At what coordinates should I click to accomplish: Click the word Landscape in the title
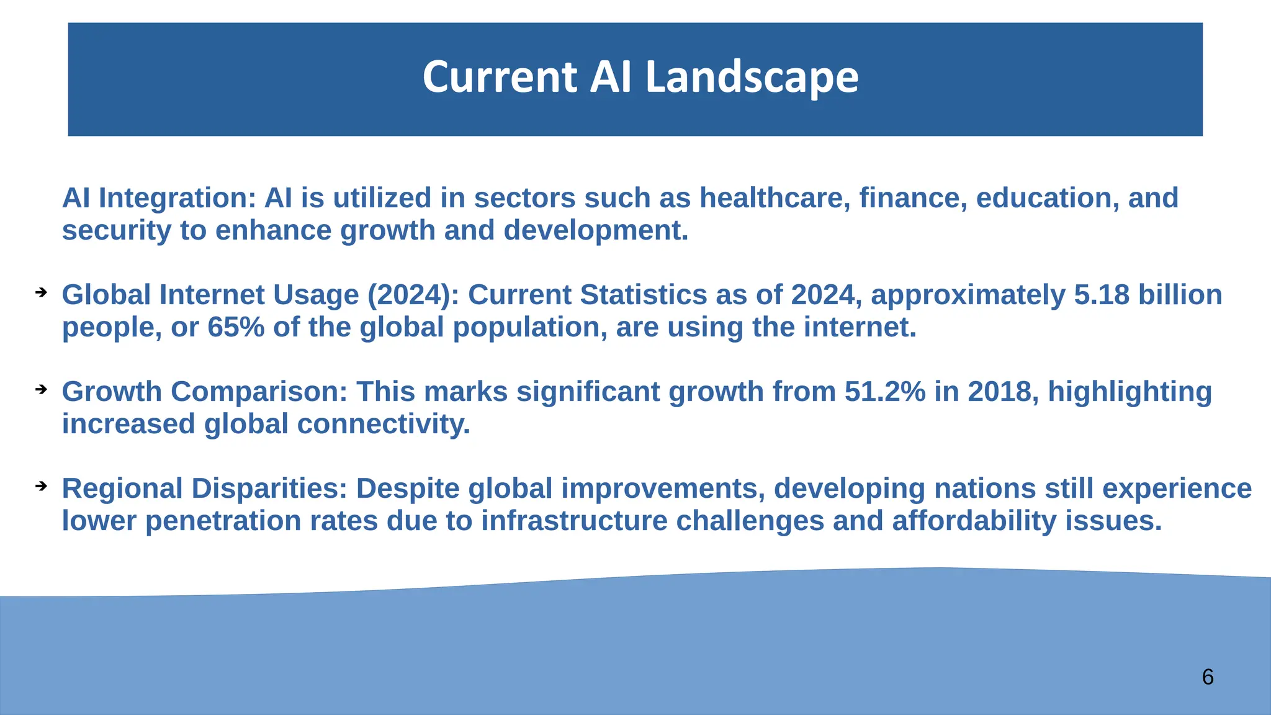(x=752, y=78)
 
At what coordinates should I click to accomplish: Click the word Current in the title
(x=500, y=78)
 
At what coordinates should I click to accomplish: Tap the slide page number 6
(x=1207, y=677)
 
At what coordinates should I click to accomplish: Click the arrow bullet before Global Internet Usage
(x=41, y=292)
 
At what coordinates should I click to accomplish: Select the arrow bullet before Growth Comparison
(x=41, y=389)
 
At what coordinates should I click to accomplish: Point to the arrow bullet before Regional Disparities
(x=41, y=486)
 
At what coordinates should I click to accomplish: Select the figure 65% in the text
(x=236, y=327)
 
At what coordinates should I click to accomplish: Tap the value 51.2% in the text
(x=884, y=392)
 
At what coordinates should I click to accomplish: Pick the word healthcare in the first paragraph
(x=775, y=198)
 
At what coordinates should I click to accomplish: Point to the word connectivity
(x=383, y=424)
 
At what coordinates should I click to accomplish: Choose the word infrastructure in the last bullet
(x=574, y=521)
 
